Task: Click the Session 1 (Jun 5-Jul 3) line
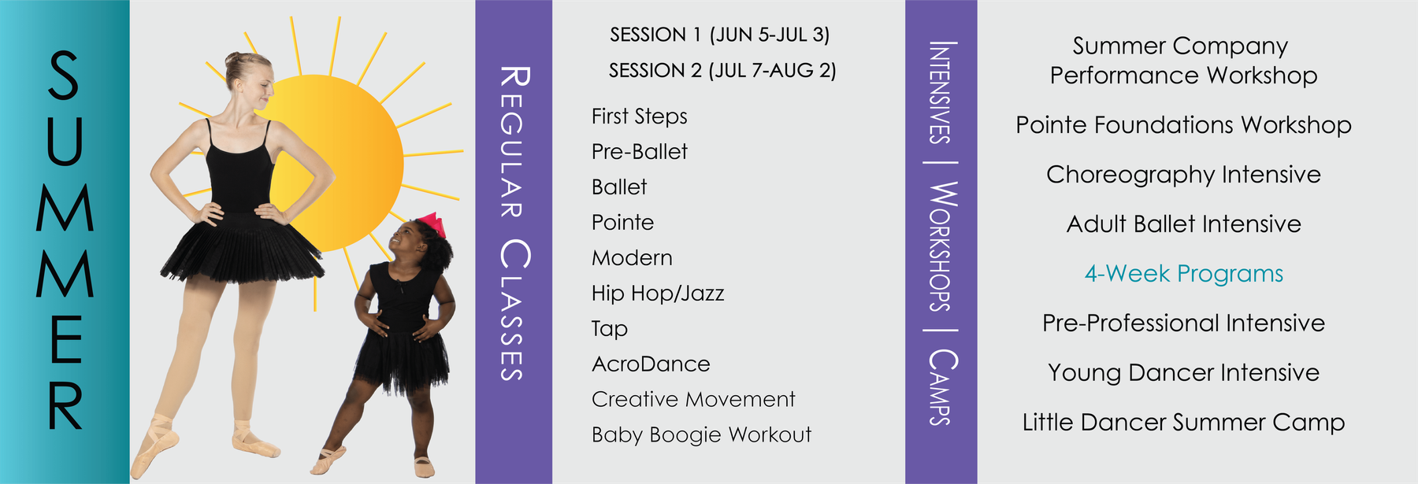click(x=719, y=35)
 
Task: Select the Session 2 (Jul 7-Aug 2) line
click(x=722, y=71)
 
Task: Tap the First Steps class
click(x=639, y=116)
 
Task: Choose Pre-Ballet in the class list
click(x=639, y=151)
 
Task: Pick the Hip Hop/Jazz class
click(x=658, y=294)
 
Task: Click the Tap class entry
click(x=610, y=329)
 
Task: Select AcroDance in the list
click(x=651, y=364)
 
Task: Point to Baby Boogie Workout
click(x=701, y=435)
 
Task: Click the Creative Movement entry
click(x=693, y=399)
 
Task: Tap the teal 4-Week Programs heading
click(x=1184, y=274)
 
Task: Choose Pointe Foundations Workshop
click(x=1183, y=125)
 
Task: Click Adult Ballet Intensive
click(x=1183, y=224)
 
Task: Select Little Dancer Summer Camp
click(x=1183, y=423)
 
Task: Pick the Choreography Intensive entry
click(x=1183, y=175)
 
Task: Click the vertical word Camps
click(x=941, y=387)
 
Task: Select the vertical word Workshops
click(x=941, y=246)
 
